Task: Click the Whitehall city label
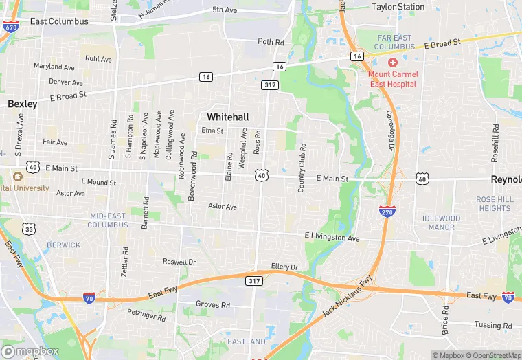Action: (x=228, y=116)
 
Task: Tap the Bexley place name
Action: (x=22, y=104)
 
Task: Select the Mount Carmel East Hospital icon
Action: (x=392, y=62)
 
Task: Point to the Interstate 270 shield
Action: (x=387, y=212)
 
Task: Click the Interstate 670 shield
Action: (x=10, y=27)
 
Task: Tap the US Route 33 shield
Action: (x=29, y=227)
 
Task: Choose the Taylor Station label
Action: (x=398, y=7)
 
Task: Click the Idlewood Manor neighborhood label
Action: (x=442, y=223)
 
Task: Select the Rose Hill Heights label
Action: (x=495, y=203)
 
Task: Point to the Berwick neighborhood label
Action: (x=64, y=245)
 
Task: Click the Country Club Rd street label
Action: (x=301, y=168)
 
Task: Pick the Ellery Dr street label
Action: (x=285, y=267)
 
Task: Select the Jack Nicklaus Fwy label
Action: (x=347, y=297)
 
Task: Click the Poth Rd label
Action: (x=271, y=42)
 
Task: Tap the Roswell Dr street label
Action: (x=179, y=262)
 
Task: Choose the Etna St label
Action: (x=212, y=131)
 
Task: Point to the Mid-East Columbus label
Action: (x=109, y=220)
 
